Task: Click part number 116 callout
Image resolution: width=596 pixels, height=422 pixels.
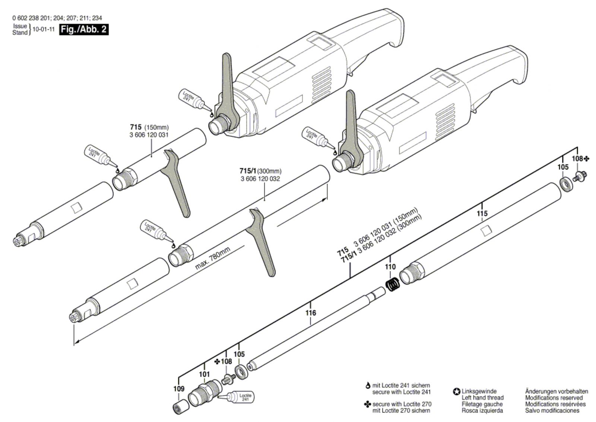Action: (x=311, y=312)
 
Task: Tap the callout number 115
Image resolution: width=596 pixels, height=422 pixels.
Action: (x=482, y=213)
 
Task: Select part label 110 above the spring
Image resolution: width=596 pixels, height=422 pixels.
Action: (x=390, y=267)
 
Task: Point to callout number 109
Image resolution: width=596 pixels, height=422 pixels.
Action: (x=179, y=389)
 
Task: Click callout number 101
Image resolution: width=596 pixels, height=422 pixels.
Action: (x=205, y=374)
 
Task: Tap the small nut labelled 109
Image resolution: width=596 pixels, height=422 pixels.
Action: (x=179, y=407)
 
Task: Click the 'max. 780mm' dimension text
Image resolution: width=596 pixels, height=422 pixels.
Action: (x=213, y=258)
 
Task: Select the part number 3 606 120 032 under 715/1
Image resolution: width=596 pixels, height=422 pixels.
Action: (x=260, y=179)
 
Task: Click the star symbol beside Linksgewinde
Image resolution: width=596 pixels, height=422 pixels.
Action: (x=456, y=391)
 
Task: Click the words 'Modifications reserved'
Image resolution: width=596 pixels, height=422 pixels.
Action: (x=551, y=397)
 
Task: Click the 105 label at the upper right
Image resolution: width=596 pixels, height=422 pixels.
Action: (x=563, y=167)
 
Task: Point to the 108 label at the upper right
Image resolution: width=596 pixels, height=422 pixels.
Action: (x=577, y=158)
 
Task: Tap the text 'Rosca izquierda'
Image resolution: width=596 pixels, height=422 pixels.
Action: (x=482, y=410)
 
